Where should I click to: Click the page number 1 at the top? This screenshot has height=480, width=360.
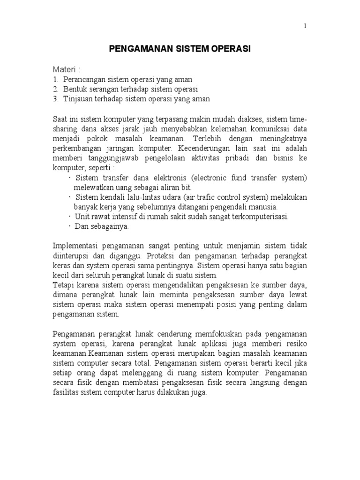click(305, 26)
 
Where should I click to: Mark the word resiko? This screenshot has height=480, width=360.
click(296, 344)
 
